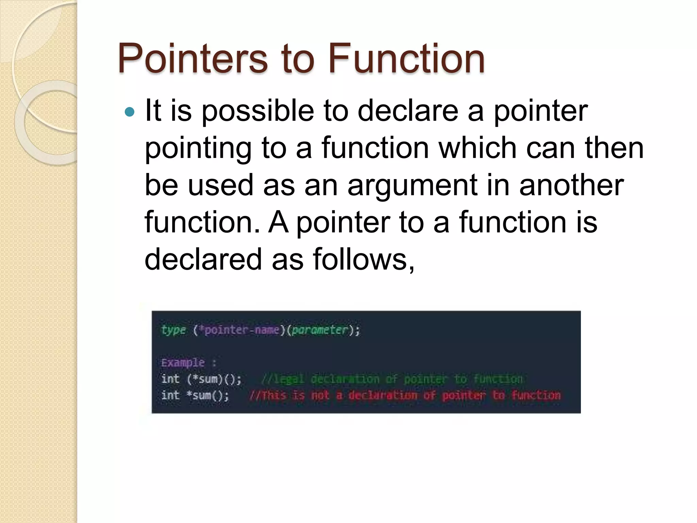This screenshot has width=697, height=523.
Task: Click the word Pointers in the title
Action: pos(193,59)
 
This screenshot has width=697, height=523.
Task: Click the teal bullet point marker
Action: pos(130,112)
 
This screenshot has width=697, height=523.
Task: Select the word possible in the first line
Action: pos(258,111)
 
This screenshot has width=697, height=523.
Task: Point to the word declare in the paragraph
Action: pos(408,111)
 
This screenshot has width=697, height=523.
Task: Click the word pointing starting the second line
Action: pos(198,148)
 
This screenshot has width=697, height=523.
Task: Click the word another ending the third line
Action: pos(571,186)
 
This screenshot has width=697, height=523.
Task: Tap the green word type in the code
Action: pos(173,330)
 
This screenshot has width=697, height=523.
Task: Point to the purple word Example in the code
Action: pos(183,363)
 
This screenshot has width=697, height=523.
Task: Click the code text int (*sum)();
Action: pos(201,379)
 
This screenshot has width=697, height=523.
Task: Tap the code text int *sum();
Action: pos(195,395)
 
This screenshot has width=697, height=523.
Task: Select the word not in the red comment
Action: pos(320,395)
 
